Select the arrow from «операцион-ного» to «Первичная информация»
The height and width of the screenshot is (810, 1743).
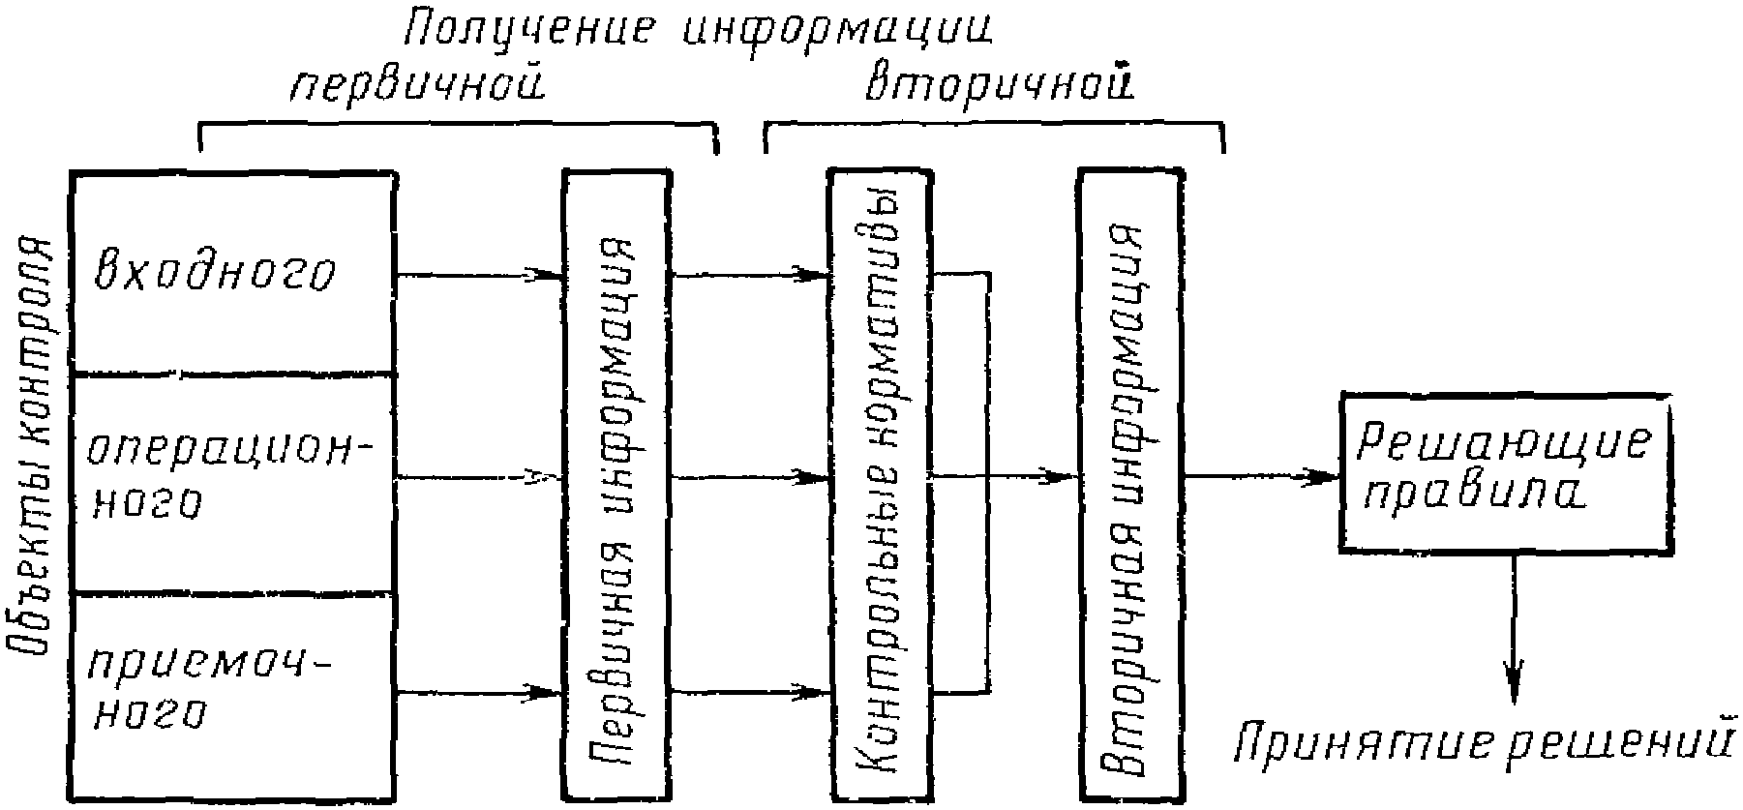coord(479,477)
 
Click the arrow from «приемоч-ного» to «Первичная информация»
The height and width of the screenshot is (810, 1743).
coord(479,692)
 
